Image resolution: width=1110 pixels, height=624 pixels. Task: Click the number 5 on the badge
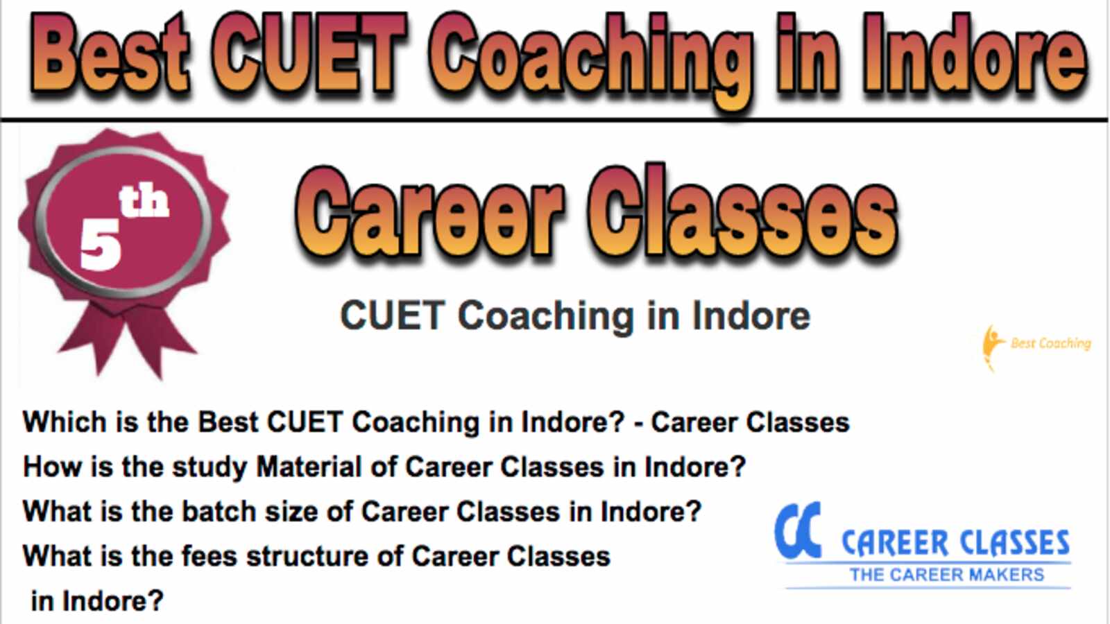pyautogui.click(x=101, y=245)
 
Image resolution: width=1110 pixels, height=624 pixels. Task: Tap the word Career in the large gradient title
pyautogui.click(x=429, y=213)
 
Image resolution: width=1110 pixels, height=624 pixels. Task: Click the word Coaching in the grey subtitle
pyautogui.click(x=545, y=317)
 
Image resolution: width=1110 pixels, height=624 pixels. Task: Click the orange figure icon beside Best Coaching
pyautogui.click(x=992, y=347)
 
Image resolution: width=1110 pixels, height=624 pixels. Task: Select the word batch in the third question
pyautogui.click(x=219, y=512)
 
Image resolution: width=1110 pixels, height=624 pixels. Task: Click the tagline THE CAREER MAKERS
pyautogui.click(x=947, y=575)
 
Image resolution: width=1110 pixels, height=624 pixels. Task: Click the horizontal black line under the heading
pyautogui.click(x=554, y=120)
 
